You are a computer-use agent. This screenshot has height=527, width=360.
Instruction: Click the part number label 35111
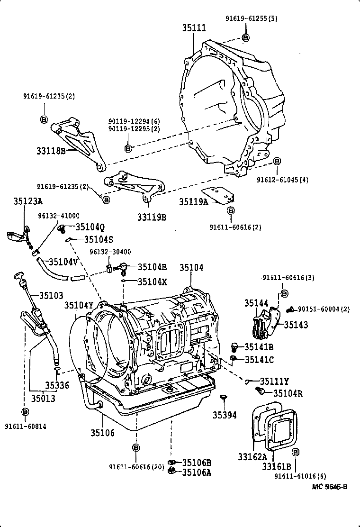coord(194,28)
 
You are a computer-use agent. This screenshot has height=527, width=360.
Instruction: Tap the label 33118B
coord(51,151)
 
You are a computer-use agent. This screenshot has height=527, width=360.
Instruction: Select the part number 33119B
coord(152,218)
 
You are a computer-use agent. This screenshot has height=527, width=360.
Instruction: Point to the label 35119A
coord(193,201)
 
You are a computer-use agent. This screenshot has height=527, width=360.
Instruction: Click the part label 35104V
coord(63,261)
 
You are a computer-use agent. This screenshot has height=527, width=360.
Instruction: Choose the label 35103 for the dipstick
coord(51,295)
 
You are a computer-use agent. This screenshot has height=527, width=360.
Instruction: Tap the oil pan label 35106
coord(103,432)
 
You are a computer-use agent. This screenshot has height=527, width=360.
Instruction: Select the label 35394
coord(225,415)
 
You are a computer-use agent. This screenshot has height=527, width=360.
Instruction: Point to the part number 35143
coord(296,325)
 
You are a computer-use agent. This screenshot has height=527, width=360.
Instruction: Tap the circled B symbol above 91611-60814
coord(25,411)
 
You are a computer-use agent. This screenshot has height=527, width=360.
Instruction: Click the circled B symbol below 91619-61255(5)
coord(245,37)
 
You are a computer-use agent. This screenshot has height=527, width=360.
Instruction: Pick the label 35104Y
coord(79,305)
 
